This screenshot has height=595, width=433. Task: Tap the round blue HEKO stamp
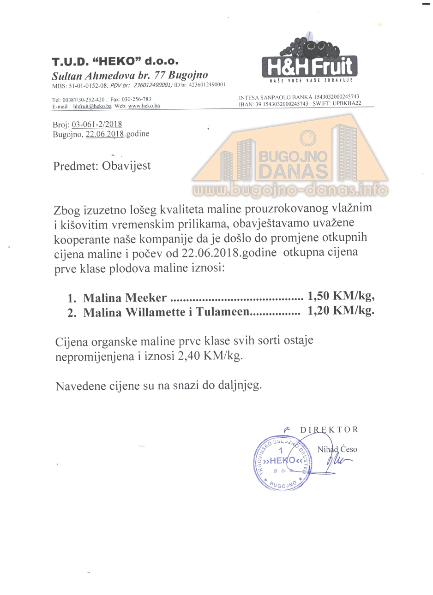pos(282,463)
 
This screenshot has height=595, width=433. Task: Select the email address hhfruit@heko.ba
pos(92,106)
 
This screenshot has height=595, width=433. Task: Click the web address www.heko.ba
pos(144,106)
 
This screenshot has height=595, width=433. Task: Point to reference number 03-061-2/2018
pos(97,124)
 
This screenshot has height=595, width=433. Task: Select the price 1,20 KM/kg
pos(341,311)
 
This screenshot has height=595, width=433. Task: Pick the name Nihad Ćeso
pos(337,449)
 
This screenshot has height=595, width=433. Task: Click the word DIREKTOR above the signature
pos(329,429)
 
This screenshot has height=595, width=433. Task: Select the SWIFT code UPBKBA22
pos(346,104)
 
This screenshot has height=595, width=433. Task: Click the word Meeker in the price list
pos(145,298)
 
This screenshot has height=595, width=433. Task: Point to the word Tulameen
pos(223,312)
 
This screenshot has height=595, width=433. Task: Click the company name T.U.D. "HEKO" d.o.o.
pos(115,62)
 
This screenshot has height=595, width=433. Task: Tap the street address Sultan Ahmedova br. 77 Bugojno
pos(130,76)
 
